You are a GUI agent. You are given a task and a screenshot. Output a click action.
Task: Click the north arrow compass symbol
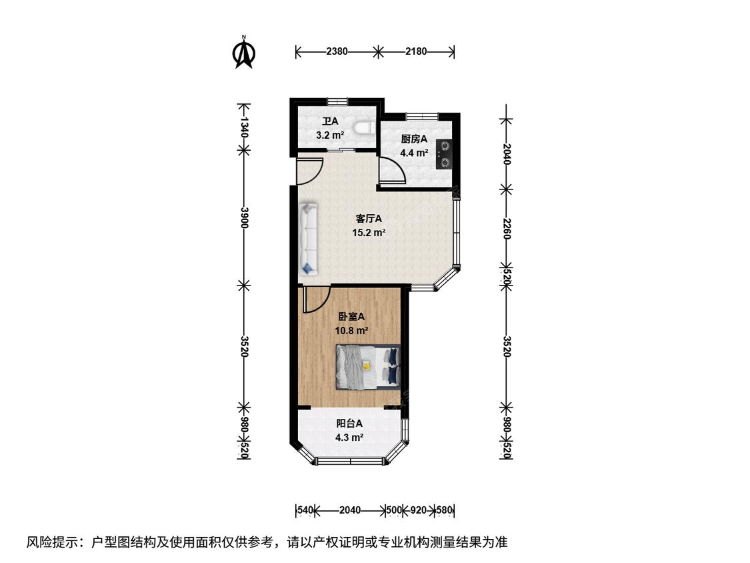coord(244,52)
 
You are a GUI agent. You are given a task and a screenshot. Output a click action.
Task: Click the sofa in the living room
coord(309,239)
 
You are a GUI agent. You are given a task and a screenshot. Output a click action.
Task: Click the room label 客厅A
coord(369,219)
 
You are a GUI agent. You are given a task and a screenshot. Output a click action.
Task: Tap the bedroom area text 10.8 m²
coord(351,330)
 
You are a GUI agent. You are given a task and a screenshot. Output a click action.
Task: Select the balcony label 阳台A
coord(349,423)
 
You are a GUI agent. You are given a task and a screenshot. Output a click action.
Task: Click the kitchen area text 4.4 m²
coord(414,153)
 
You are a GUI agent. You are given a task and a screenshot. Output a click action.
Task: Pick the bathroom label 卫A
coord(330,121)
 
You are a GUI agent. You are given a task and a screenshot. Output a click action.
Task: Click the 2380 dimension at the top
coord(337,51)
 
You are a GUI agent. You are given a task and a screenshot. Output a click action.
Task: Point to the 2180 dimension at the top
coord(416,51)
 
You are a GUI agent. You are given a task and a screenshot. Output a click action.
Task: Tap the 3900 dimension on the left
coord(245,217)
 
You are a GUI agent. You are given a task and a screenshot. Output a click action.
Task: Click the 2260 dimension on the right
coord(507,228)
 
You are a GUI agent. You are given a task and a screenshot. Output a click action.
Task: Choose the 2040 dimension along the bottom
coord(350,510)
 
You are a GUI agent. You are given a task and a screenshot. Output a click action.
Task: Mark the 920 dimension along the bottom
coord(419,510)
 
